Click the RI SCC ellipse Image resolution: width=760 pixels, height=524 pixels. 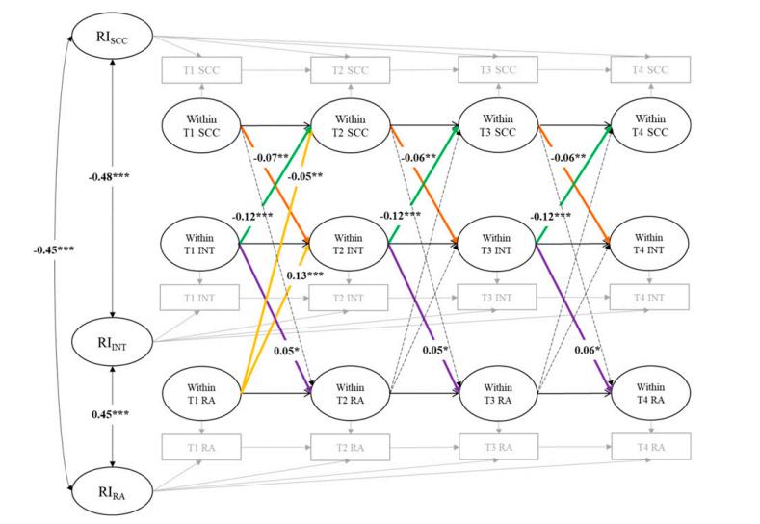tap(114, 39)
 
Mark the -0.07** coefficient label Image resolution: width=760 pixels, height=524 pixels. tap(271, 155)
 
